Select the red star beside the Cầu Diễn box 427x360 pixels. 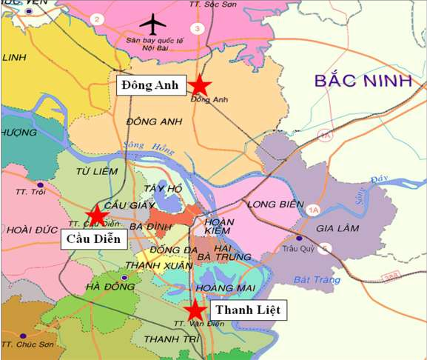96,214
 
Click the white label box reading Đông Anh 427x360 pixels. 150,85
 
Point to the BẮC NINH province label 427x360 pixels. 363,81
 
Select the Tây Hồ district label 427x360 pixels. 163,189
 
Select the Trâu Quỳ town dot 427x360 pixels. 299,239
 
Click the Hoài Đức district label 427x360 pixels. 27,230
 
